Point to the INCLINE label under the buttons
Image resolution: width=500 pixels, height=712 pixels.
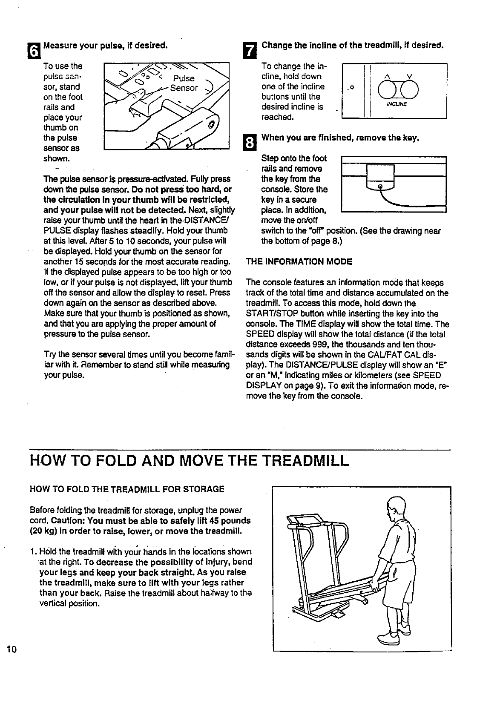(397, 103)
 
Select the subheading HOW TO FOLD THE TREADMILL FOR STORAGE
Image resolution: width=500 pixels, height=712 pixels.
(127, 489)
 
